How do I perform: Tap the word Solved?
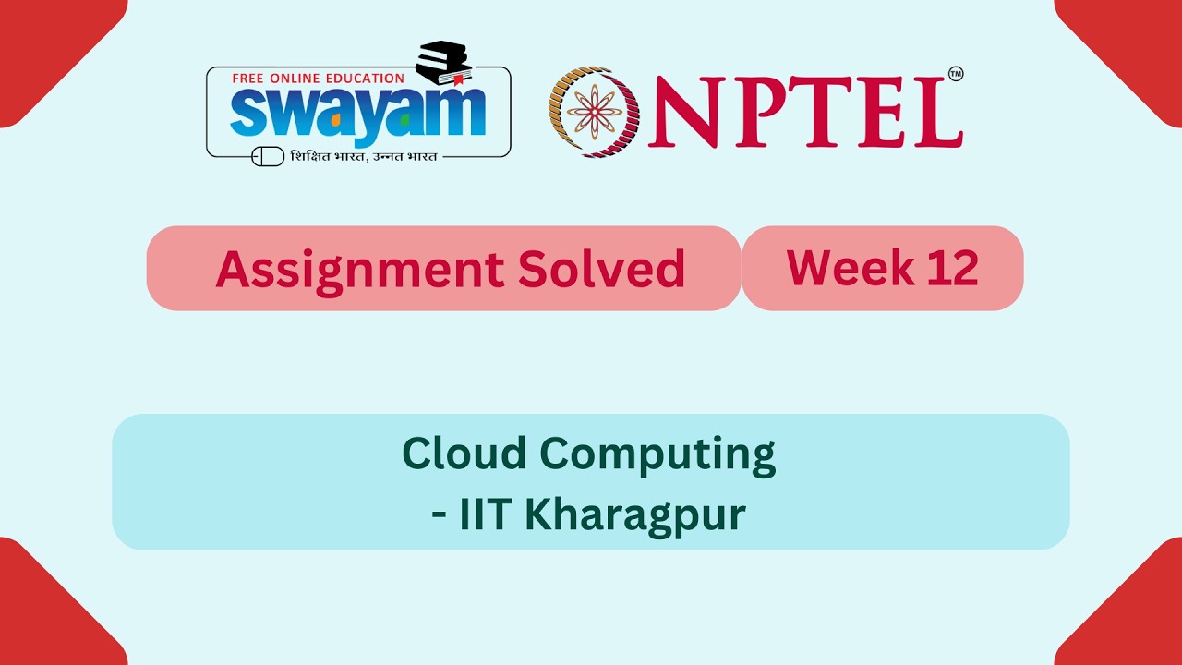pos(601,269)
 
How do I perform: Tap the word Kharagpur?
pos(634,515)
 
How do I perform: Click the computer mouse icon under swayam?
pos(268,156)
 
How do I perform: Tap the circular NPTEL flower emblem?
pos(594,112)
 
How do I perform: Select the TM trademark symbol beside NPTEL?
pos(956,74)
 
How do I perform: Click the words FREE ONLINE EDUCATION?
pos(318,79)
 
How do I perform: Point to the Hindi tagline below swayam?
pos(363,156)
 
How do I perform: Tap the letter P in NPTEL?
pos(763,112)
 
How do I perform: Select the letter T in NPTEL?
pos(823,112)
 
